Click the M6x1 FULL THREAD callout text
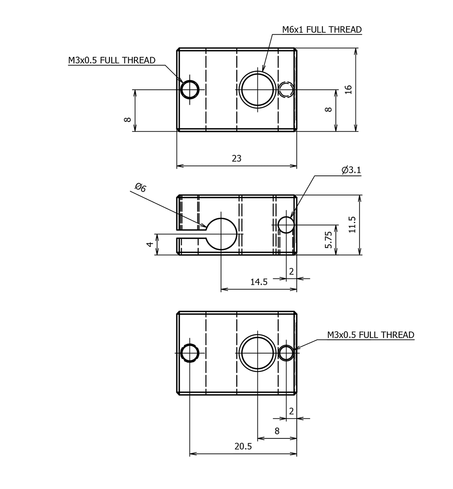coord(322,29)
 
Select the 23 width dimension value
coord(237,158)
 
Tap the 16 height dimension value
coord(348,90)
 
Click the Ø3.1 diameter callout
coord(351,170)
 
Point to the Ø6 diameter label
coord(140,188)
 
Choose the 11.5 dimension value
coord(352,225)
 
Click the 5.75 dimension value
coord(328,240)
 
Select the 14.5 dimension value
coord(259,282)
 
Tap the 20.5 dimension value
coord(243,446)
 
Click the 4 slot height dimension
coord(149,244)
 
